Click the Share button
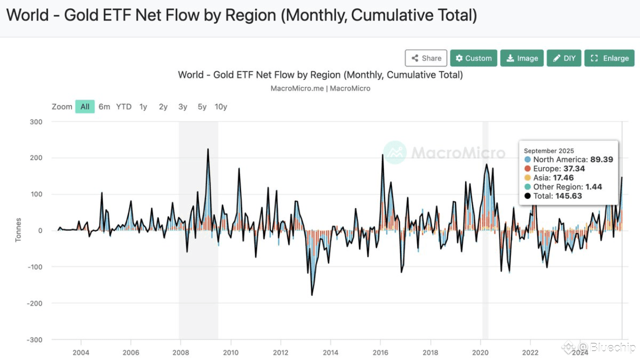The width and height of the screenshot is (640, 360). click(426, 58)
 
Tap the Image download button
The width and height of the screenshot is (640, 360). click(522, 58)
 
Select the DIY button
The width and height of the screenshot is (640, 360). click(564, 58)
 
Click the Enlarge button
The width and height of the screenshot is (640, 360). click(609, 58)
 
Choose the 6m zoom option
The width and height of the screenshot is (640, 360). click(104, 106)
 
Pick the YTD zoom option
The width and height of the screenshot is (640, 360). click(124, 106)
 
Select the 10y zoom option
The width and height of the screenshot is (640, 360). click(221, 106)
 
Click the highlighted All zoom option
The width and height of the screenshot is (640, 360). click(85, 106)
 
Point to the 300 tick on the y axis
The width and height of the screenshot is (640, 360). click(36, 122)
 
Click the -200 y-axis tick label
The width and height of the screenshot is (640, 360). click(34, 303)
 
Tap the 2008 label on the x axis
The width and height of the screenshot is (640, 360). click(180, 352)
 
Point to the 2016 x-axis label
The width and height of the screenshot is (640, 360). click(380, 352)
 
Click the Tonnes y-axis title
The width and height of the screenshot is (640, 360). click(18, 230)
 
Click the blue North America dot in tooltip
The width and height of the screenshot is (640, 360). click(527, 159)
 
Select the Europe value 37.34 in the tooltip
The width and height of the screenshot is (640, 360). click(574, 168)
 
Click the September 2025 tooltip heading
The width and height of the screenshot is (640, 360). click(549, 150)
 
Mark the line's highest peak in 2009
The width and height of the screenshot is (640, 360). click(208, 149)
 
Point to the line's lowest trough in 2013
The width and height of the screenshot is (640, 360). click(312, 295)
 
